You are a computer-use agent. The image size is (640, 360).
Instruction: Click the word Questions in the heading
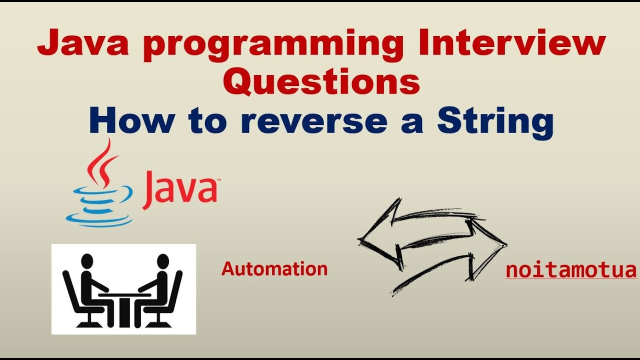pos(321,82)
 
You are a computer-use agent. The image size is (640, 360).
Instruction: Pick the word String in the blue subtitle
pos(495,122)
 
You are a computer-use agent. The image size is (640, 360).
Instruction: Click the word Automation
pos(274,269)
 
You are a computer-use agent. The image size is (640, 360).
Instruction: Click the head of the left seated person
pos(87,261)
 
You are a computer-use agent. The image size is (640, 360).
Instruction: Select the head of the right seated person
pos(162,261)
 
